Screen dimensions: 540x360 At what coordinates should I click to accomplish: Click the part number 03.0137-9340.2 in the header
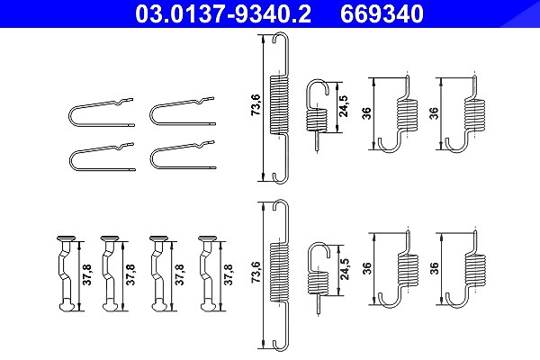click(223, 13)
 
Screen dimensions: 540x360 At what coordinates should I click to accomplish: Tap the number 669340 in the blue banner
click(382, 13)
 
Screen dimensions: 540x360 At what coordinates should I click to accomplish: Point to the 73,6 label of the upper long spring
click(256, 104)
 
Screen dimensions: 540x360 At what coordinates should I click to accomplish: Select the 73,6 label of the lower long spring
click(256, 273)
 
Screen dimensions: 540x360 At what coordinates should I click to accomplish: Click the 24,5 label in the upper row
click(344, 106)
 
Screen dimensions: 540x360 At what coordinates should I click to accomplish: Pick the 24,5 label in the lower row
click(344, 269)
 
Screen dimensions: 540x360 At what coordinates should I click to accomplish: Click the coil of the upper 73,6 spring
click(279, 104)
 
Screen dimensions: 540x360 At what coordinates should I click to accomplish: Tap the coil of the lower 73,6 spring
click(279, 273)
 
